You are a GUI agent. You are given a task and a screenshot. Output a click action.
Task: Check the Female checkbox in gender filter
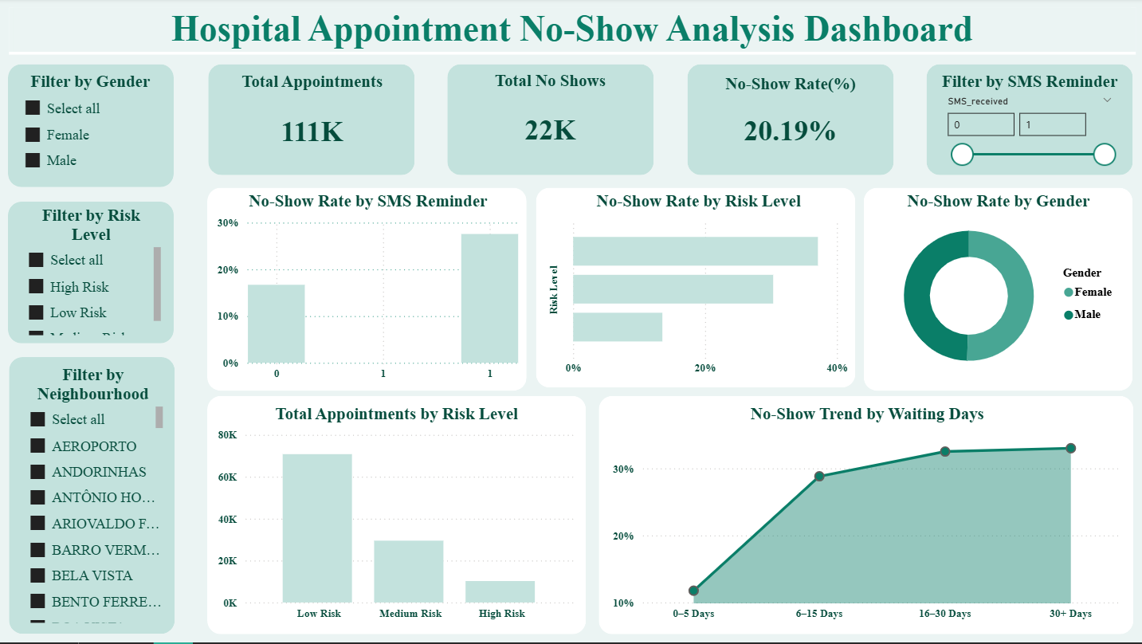(x=33, y=135)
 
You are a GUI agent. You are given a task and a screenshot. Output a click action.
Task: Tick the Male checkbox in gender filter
(x=33, y=160)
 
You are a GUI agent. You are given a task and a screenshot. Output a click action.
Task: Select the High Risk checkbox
(x=36, y=286)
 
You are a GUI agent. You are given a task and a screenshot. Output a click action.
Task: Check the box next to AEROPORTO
(x=37, y=446)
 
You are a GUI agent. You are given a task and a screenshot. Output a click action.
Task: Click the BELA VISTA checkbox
(x=37, y=575)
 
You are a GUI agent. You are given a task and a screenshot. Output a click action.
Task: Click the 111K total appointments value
(x=312, y=132)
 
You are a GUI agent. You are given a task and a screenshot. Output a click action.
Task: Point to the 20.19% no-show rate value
(x=790, y=131)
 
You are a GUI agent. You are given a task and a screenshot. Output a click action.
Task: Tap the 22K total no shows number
(x=550, y=130)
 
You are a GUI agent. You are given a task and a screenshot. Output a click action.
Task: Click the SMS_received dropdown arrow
(x=1107, y=100)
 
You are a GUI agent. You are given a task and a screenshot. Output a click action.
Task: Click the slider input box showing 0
(x=980, y=124)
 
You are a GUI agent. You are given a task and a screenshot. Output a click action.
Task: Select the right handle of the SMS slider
(x=1104, y=155)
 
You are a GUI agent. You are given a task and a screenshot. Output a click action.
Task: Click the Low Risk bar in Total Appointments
(x=317, y=528)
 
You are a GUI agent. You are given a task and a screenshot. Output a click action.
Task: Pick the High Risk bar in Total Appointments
(x=500, y=591)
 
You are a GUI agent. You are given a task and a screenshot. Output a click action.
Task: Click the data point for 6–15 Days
(x=819, y=477)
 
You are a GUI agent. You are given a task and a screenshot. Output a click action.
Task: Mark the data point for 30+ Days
(x=1070, y=448)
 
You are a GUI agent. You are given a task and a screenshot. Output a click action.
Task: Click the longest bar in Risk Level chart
(x=695, y=251)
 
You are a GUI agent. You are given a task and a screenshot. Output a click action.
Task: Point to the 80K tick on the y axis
(x=227, y=435)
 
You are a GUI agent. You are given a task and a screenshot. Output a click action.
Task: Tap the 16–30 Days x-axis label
(x=944, y=614)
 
